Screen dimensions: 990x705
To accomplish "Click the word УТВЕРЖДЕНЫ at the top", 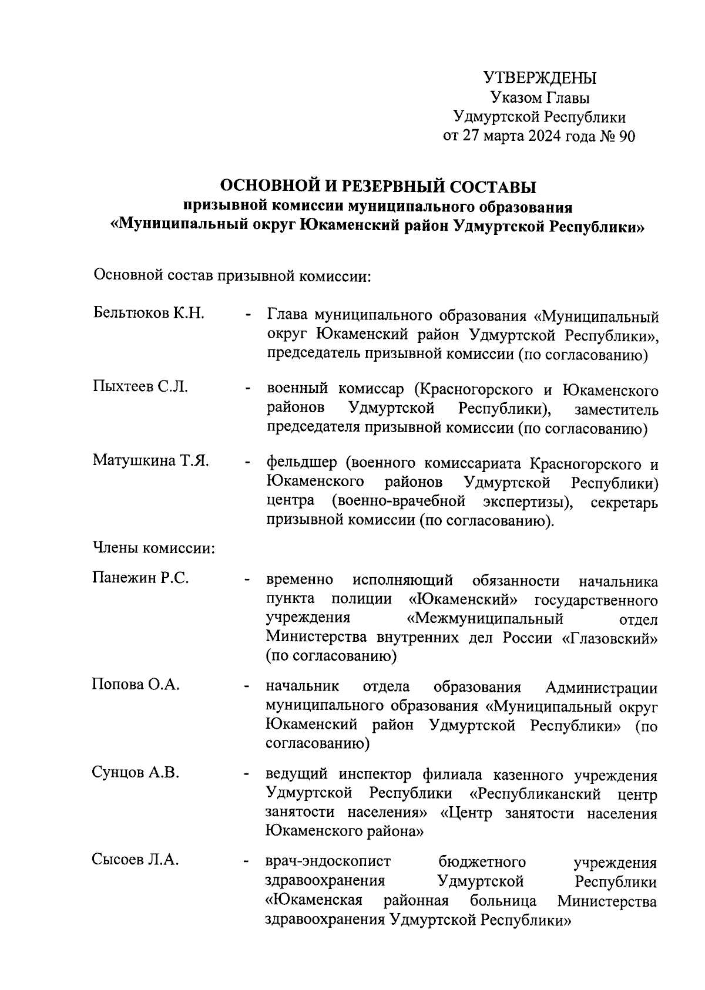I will coord(539,78).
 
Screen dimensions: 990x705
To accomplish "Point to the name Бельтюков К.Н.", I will coord(149,312).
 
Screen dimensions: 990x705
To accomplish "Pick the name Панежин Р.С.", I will coord(140,578).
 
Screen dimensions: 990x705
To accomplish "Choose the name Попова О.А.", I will coord(135,685).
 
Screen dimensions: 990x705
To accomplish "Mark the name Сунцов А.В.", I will coord(135,773).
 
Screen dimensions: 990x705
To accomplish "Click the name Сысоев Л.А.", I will coord(135,860).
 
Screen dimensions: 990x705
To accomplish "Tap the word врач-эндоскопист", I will coord(328,862).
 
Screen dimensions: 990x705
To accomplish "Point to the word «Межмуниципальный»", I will coord(485,619).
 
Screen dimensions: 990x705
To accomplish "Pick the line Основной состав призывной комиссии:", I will coord(233,275).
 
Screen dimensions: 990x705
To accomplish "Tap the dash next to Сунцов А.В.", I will coord(248,775).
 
